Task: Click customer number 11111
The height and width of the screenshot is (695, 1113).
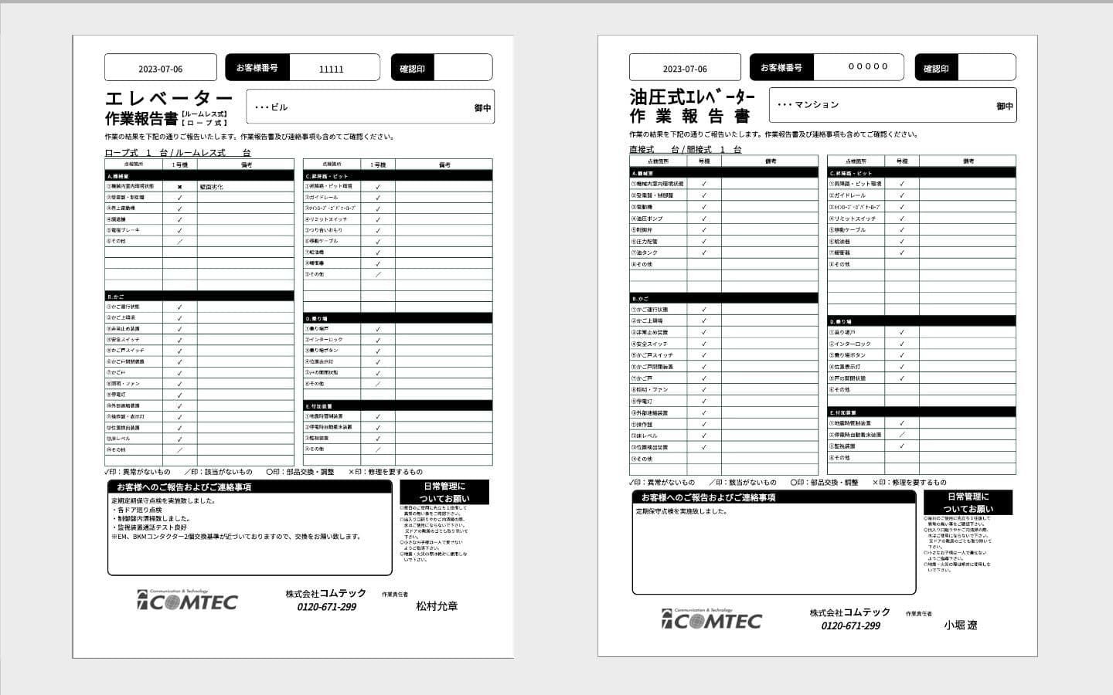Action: tap(331, 69)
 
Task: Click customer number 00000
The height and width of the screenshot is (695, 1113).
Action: tap(868, 66)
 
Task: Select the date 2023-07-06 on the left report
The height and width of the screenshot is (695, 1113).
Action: tap(161, 69)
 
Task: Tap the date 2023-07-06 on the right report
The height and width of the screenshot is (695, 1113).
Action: tap(685, 69)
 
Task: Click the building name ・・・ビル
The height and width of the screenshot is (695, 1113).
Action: tap(271, 107)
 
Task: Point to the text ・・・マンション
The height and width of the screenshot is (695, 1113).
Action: tap(808, 104)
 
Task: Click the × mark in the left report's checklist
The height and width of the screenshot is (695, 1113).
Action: tap(179, 187)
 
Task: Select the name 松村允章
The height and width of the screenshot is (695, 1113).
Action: tap(437, 606)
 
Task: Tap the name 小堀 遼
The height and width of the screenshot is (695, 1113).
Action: tap(960, 625)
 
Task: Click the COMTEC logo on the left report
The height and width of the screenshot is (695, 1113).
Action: tap(188, 601)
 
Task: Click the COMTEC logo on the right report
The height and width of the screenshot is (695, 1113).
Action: tap(712, 619)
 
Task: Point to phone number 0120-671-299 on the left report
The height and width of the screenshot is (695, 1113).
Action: tap(326, 607)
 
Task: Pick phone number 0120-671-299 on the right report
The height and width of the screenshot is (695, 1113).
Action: tap(850, 625)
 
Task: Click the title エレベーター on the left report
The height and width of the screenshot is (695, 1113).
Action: tap(168, 99)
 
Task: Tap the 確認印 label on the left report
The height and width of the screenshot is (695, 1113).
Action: tap(412, 69)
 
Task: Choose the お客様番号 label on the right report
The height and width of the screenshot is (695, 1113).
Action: tap(781, 68)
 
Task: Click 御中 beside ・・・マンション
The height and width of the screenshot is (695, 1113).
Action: tap(1004, 106)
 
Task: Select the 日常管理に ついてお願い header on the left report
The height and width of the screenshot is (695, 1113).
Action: tap(444, 493)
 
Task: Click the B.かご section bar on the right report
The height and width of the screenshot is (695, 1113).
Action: tap(723, 298)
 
